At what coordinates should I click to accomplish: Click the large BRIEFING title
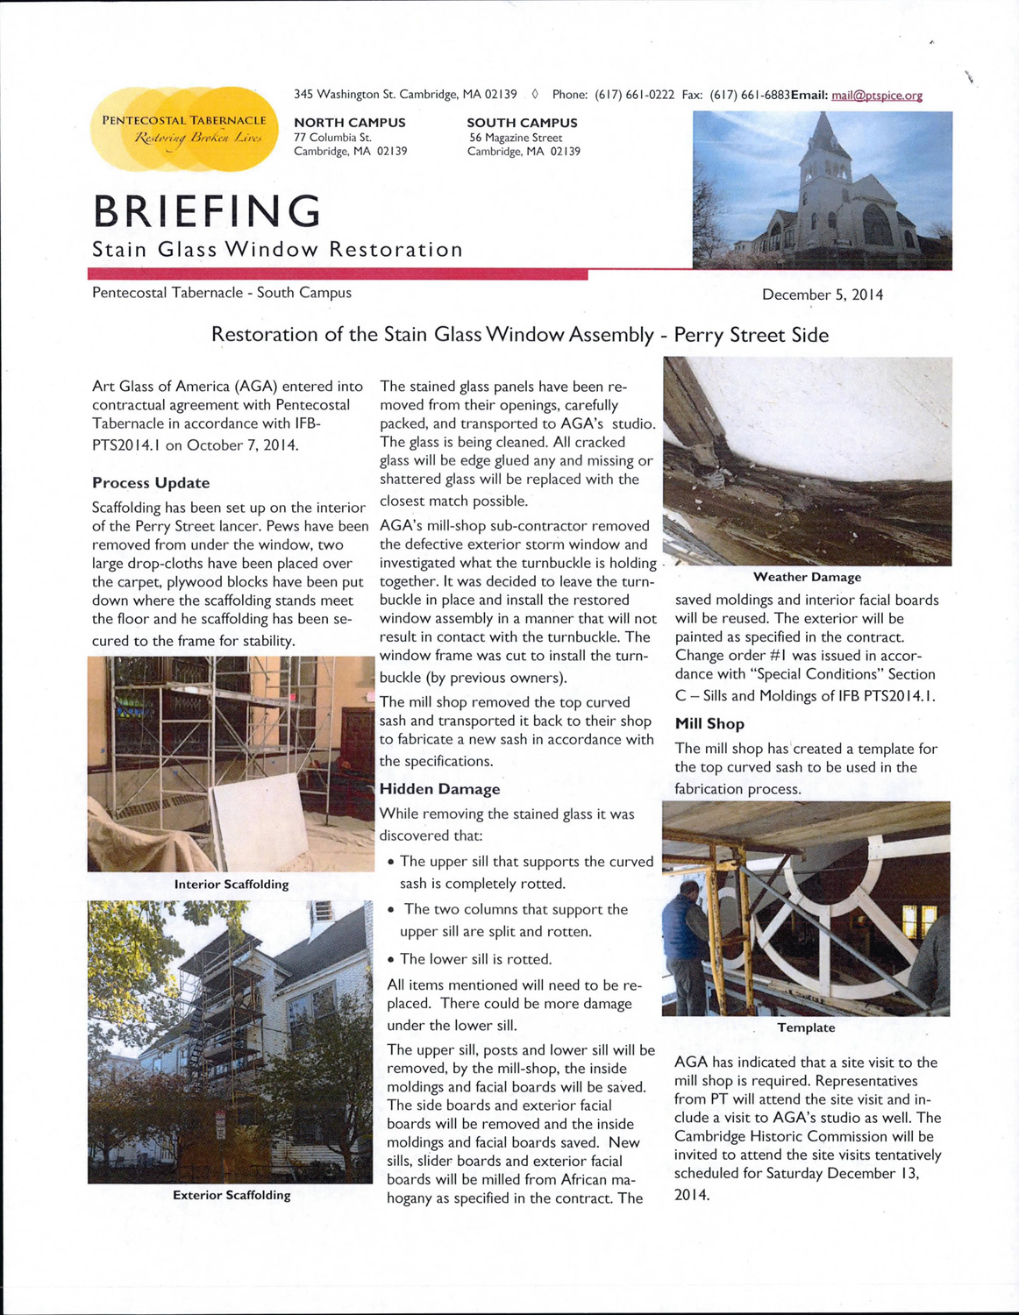pos(207,211)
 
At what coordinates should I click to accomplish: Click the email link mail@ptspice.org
pos(876,95)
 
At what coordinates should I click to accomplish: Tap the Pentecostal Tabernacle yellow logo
pos(183,129)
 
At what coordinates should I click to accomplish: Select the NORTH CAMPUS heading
pos(349,123)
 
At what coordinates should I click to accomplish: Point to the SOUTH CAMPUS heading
pos(522,123)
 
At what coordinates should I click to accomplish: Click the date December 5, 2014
pos(822,295)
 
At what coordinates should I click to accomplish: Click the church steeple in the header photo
pos(823,140)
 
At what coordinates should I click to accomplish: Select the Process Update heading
pos(151,483)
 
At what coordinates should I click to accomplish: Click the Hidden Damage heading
pos(439,789)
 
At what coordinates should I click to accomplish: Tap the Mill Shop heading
pos(709,724)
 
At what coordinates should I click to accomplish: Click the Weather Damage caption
pos(807,577)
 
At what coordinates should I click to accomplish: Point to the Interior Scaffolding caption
pos(232,884)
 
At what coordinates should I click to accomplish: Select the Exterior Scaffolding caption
pos(232,1195)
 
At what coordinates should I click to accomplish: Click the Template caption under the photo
pos(806,1027)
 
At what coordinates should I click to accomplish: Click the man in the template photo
pos(686,942)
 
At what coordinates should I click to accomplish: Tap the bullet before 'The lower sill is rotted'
pos(390,960)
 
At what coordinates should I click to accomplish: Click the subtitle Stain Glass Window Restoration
pos(277,250)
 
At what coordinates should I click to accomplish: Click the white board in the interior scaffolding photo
pos(260,819)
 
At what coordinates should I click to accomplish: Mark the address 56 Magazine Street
pos(516,138)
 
